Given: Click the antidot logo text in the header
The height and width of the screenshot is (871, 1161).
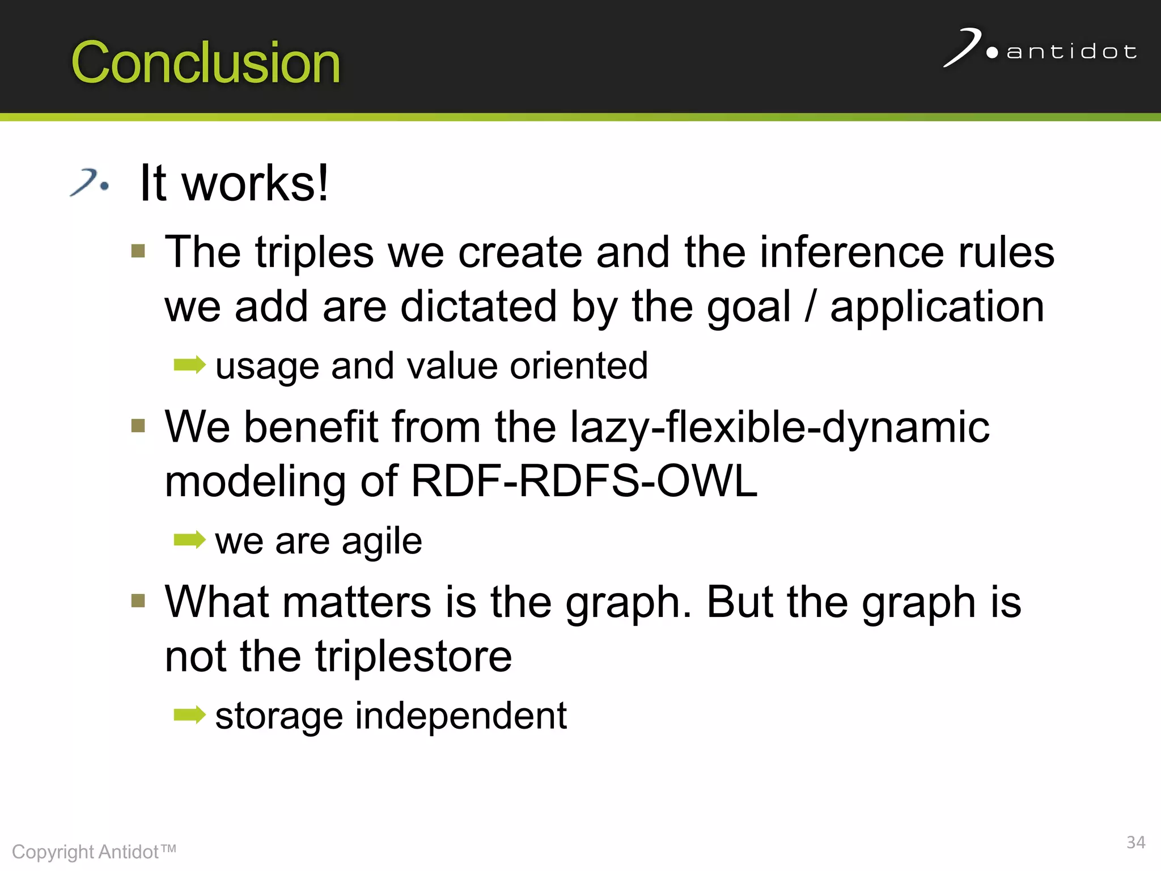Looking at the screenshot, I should click(1071, 52).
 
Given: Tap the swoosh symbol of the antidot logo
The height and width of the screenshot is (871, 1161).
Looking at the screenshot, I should click(963, 48).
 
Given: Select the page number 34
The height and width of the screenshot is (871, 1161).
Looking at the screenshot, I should click(1135, 842).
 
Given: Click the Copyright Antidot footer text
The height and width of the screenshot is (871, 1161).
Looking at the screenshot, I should click(94, 852).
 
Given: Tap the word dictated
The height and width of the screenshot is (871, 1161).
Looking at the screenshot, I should click(478, 306).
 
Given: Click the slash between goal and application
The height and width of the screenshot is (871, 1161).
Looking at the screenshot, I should click(811, 306).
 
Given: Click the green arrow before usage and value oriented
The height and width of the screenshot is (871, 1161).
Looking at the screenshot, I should click(189, 365).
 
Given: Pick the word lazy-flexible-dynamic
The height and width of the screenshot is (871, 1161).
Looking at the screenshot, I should click(779, 426).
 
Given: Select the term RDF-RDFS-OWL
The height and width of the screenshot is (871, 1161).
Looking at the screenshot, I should click(584, 481).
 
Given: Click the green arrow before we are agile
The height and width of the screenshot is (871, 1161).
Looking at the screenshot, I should click(189, 540).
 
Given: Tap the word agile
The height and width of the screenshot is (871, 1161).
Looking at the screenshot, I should click(382, 541).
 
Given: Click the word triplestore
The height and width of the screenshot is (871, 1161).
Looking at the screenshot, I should click(413, 657).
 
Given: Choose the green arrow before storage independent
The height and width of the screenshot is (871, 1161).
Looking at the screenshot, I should click(189, 714).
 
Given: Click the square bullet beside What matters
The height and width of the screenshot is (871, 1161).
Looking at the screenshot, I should click(138, 600).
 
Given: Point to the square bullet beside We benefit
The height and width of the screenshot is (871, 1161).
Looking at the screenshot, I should click(138, 425).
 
